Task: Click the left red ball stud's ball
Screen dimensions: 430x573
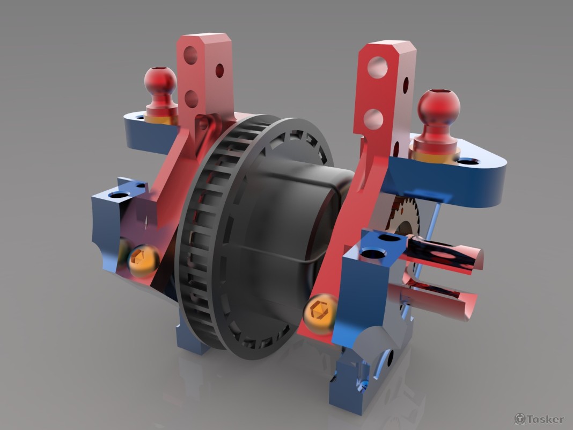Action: [160, 81]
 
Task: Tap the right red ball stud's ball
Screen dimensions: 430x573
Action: [439, 106]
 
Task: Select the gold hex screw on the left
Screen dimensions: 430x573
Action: [143, 261]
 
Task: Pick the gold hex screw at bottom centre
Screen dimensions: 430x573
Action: [320, 312]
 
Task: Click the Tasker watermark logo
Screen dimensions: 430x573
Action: [539, 419]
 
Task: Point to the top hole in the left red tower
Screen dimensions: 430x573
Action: [190, 55]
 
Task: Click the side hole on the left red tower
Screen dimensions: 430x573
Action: [219, 70]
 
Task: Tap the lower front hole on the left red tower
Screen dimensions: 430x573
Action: [190, 97]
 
